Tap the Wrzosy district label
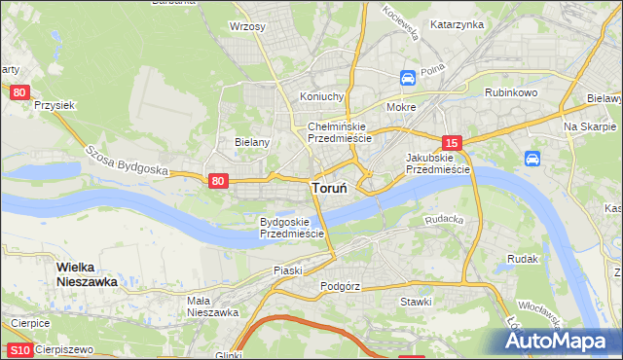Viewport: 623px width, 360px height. (247, 26)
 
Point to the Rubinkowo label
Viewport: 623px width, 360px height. (511, 92)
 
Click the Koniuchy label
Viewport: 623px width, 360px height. (322, 96)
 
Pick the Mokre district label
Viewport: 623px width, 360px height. (401, 107)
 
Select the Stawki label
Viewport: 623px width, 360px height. (416, 302)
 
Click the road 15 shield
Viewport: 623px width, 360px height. (450, 141)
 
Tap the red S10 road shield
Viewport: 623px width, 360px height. (19, 350)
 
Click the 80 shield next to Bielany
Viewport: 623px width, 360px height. (218, 180)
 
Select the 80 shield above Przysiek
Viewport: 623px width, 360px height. (20, 92)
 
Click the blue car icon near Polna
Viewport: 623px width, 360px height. (409, 77)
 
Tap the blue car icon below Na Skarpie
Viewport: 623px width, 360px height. (532, 158)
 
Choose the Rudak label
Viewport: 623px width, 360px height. (523, 259)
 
